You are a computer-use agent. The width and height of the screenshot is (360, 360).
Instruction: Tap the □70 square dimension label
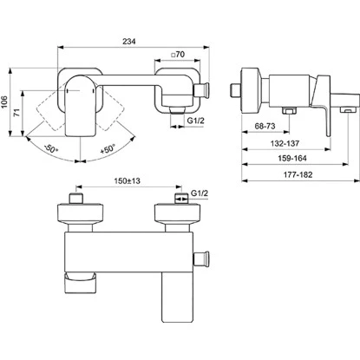(x=180, y=54)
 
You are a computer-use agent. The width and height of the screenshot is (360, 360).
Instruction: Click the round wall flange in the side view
(x=250, y=92)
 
